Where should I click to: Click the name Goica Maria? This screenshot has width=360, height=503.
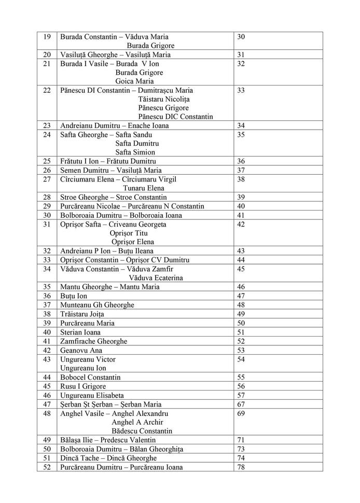click(x=134, y=81)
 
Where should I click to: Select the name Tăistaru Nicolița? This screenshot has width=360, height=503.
click(x=164, y=99)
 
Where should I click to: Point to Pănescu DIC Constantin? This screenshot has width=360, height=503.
click(x=175, y=117)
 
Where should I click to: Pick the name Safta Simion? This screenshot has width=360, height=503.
click(x=135, y=152)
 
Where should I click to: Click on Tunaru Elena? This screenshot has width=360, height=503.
click(x=143, y=188)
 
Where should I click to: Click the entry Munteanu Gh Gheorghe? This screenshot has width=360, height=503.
click(x=97, y=305)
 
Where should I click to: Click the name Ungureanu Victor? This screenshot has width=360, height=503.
click(x=88, y=359)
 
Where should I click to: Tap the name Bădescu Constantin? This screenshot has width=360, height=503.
click(x=142, y=431)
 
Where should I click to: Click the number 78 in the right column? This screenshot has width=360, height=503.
click(x=241, y=467)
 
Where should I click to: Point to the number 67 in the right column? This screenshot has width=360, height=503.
click(x=241, y=404)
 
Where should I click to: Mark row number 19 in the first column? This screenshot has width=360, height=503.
click(x=47, y=37)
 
